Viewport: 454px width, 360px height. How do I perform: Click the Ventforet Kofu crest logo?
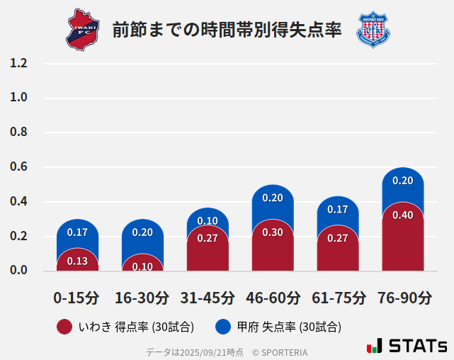tap(373, 29)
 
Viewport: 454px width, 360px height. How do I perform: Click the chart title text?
tap(227, 30)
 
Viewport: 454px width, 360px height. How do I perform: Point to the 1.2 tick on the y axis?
tap(18, 64)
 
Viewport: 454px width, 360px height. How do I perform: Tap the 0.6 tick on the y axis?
tap(18, 167)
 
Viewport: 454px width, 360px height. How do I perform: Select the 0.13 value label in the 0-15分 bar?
tap(77, 261)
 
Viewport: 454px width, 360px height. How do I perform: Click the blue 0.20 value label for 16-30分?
tap(142, 232)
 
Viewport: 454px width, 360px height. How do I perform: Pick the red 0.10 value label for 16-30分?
tap(142, 266)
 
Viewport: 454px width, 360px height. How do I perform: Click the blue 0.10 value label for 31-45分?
tap(208, 221)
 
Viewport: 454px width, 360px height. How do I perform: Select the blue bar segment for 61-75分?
tap(338, 213)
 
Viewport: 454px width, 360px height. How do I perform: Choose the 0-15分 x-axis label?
tap(77, 298)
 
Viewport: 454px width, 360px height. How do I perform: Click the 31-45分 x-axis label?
tap(208, 298)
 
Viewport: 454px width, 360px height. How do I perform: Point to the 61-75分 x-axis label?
tap(338, 298)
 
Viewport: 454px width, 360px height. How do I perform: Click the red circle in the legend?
tap(64, 327)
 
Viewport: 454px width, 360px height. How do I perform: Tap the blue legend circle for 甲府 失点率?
tap(223, 327)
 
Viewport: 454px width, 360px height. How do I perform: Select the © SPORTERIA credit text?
tap(280, 352)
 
